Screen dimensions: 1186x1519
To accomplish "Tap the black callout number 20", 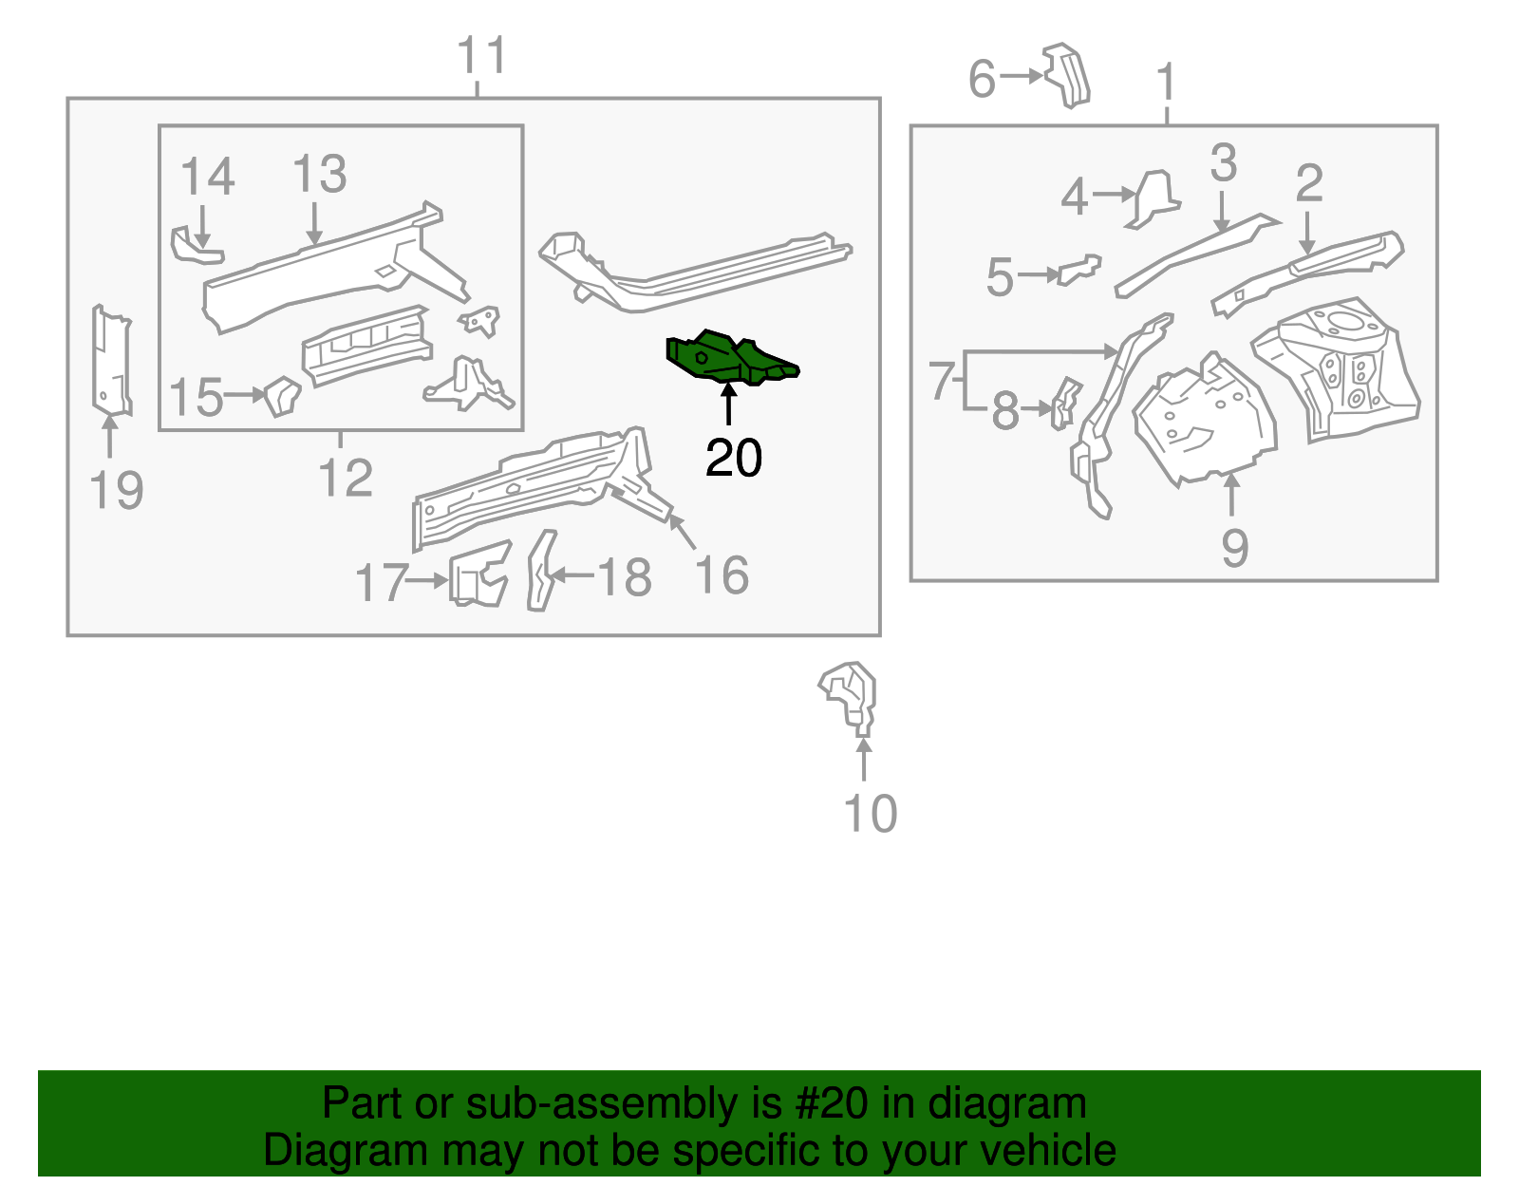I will click(x=733, y=459).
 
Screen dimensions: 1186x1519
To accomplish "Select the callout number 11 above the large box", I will click(x=482, y=56).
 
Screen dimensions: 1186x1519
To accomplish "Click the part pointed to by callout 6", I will click(x=1067, y=75).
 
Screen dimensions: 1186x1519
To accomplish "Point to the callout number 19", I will click(x=116, y=491).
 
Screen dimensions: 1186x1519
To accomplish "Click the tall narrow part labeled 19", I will click(x=111, y=361).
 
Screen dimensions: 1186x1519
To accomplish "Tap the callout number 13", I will click(x=320, y=175).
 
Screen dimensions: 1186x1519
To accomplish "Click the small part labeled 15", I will click(x=282, y=395).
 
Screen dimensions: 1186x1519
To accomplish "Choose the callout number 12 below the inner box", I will click(x=346, y=478).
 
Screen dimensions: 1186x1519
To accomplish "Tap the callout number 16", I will click(x=722, y=576).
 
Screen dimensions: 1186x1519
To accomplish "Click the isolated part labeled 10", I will click(x=850, y=698).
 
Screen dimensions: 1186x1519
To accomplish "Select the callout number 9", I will click(x=1234, y=548).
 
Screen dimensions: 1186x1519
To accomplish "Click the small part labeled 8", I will click(x=1065, y=403).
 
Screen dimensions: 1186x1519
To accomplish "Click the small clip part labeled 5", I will click(x=1079, y=269).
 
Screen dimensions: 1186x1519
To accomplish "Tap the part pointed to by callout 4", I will click(x=1153, y=198).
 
